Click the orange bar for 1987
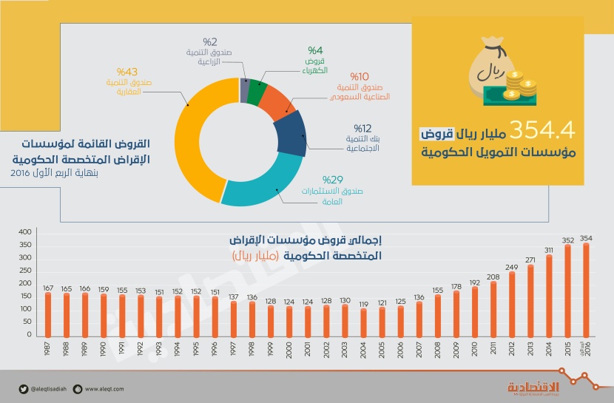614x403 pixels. click(x=48, y=314)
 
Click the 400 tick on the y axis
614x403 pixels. click(x=25, y=232)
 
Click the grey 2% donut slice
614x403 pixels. click(x=244, y=88)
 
